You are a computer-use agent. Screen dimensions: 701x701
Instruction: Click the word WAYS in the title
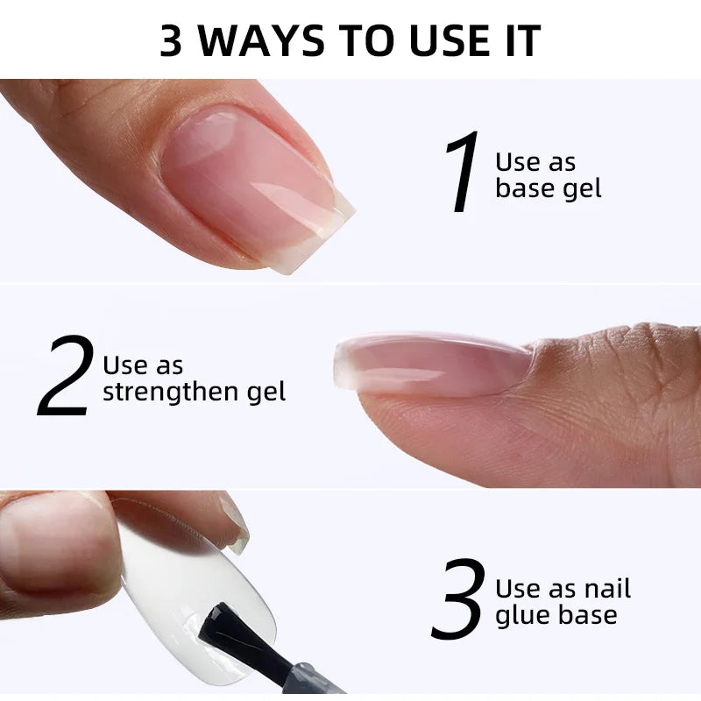coord(261,40)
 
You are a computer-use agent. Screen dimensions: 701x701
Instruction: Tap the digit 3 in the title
coord(171,40)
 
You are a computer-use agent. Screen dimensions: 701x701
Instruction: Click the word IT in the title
coord(523,40)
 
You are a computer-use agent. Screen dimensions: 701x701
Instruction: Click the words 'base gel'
coord(549,188)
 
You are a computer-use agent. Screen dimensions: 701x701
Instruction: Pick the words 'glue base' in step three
coord(556,614)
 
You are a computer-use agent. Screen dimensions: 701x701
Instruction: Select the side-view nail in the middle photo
coord(431,365)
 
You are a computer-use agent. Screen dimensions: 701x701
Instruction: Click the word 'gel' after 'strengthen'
coord(266,392)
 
